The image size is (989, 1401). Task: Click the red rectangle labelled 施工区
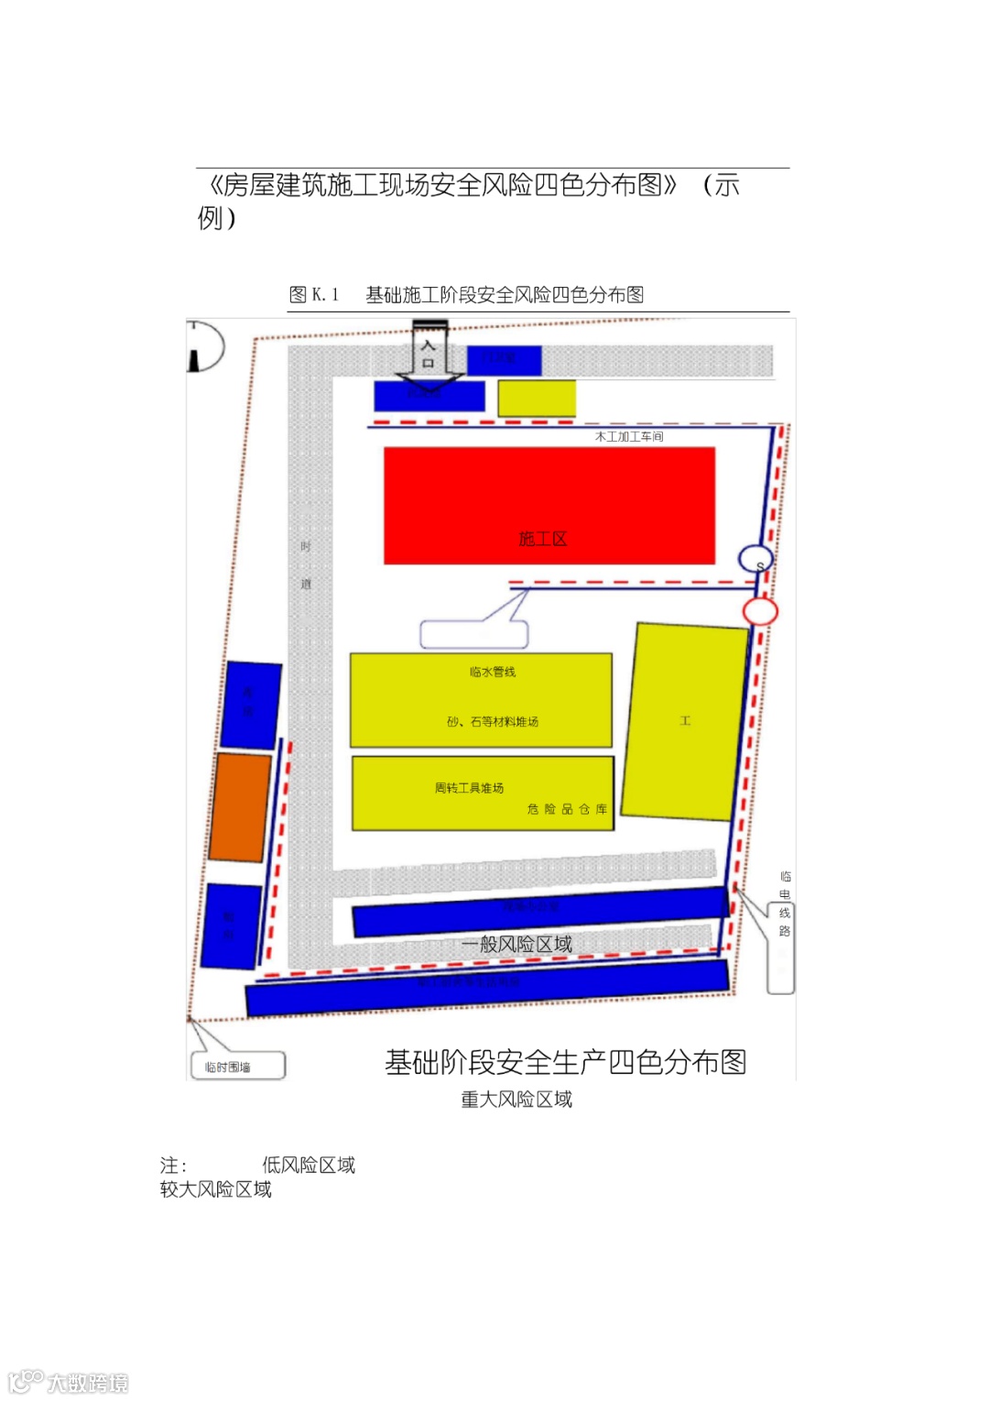coord(549,505)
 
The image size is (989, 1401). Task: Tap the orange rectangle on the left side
coord(241,807)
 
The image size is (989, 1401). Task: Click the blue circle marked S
coord(756,559)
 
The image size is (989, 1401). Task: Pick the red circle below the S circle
coord(759,611)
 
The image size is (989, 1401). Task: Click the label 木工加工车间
coord(629,437)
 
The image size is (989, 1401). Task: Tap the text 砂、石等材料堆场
coord(493,722)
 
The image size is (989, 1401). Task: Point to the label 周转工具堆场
coord(469,788)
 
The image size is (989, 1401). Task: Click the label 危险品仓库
coord(567,809)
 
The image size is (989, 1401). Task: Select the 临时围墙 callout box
coord(238,1067)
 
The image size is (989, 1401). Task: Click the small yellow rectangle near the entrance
coord(537,399)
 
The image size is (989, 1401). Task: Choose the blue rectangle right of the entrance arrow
coord(504,359)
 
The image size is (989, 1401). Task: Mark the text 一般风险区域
coord(516,945)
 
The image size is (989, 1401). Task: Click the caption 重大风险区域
coord(516,1100)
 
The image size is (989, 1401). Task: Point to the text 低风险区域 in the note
coord(309,1166)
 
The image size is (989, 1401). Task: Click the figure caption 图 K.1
coord(314,295)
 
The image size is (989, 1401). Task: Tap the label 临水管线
coord(493,673)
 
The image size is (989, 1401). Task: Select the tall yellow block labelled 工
coord(685,721)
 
